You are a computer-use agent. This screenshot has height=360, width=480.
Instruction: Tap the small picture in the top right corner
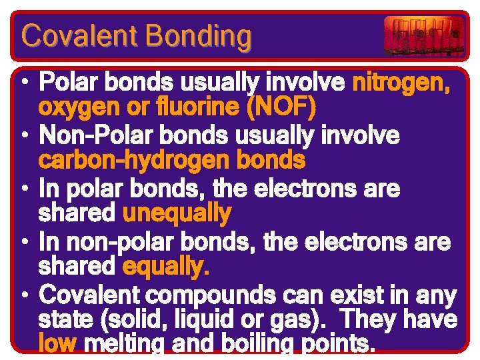[x=423, y=35]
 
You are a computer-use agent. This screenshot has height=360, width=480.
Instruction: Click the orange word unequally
[x=177, y=214]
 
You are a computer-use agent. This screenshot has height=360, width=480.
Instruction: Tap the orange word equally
[x=166, y=267]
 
